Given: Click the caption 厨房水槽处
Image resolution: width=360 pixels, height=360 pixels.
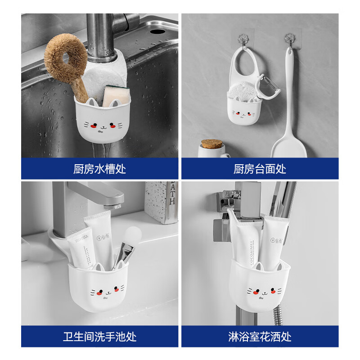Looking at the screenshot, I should coord(99,169).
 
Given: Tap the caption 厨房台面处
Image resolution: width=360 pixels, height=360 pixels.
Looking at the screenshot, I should coord(260,169).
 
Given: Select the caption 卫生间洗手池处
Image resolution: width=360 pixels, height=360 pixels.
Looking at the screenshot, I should coord(99,336).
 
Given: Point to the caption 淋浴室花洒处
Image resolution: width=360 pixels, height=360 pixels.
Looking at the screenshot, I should coord(260,336).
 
